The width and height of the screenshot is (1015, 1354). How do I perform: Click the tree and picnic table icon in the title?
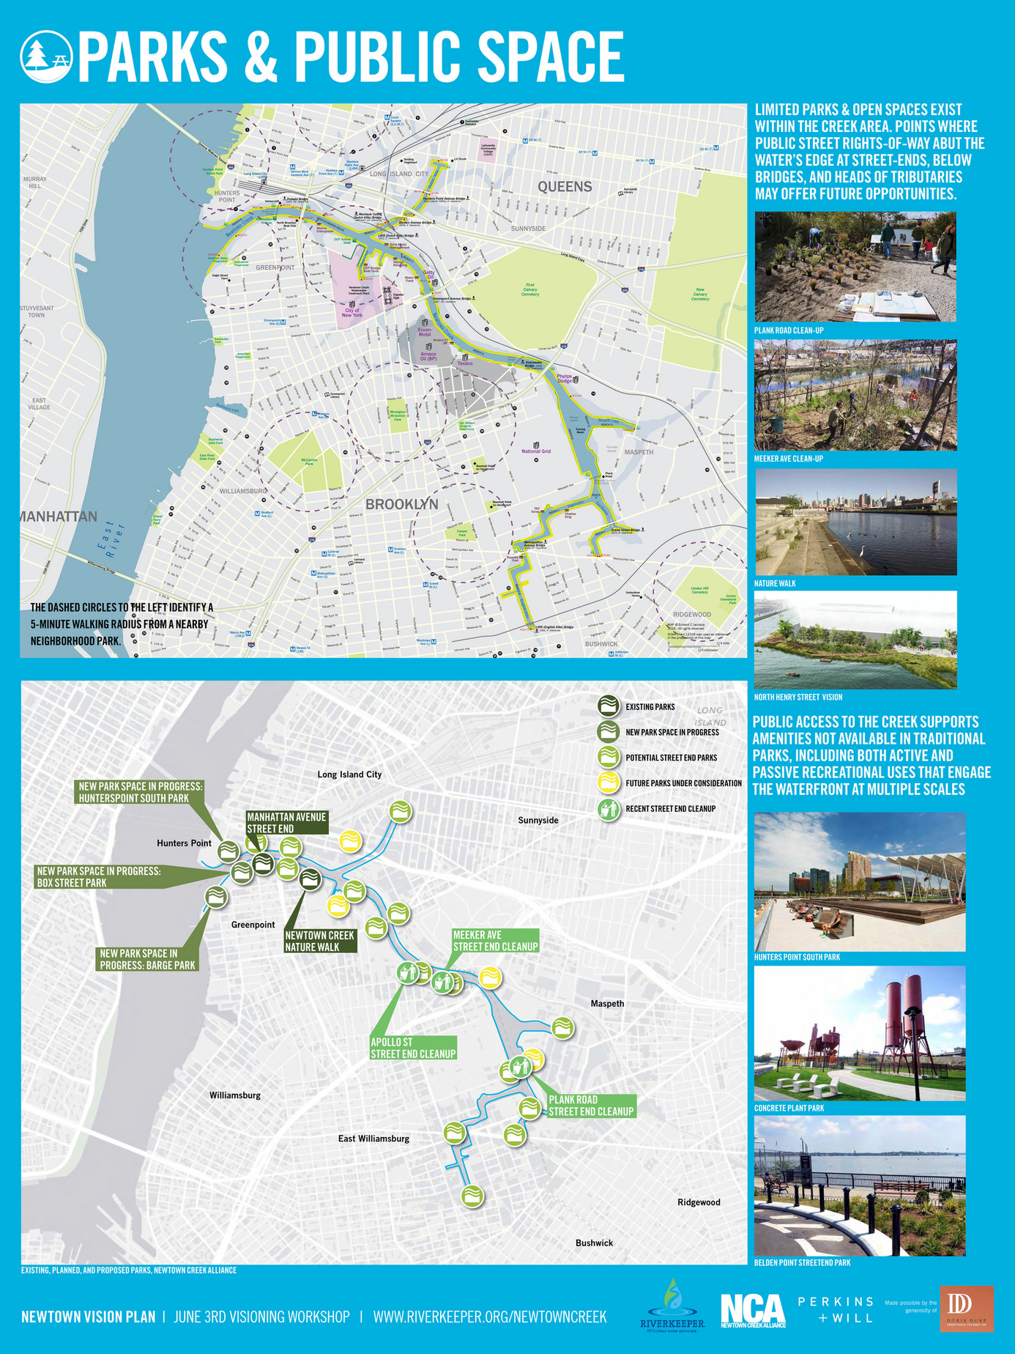[x=47, y=56]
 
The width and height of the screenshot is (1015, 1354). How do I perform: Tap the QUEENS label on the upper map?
[x=565, y=187]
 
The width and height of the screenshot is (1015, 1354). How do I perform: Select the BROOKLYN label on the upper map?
[x=401, y=504]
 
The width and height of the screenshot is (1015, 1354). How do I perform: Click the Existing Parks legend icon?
[x=609, y=706]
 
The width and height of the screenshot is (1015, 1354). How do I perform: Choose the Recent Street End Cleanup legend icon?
[x=609, y=809]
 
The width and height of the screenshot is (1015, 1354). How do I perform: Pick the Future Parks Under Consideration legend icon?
[x=609, y=783]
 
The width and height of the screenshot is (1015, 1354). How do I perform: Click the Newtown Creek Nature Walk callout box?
[x=320, y=941]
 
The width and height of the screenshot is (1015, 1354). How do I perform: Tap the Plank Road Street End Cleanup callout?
[x=590, y=1106]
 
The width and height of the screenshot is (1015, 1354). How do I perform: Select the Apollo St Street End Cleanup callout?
[x=413, y=1048]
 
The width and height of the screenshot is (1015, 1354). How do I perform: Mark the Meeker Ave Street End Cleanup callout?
[x=495, y=941]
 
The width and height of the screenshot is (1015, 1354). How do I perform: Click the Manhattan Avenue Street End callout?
[x=286, y=822]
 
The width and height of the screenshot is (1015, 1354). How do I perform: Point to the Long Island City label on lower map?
[x=349, y=774]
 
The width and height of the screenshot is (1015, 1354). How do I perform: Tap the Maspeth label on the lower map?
[x=607, y=1004]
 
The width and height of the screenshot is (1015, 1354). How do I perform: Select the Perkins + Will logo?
[x=836, y=1309]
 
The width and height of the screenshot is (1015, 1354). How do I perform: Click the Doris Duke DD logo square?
[x=966, y=1309]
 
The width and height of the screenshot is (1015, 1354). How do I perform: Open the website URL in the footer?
[x=490, y=1317]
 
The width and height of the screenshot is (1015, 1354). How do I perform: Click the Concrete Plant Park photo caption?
[x=789, y=1108]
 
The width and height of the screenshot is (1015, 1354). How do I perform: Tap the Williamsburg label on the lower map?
[x=235, y=1095]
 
